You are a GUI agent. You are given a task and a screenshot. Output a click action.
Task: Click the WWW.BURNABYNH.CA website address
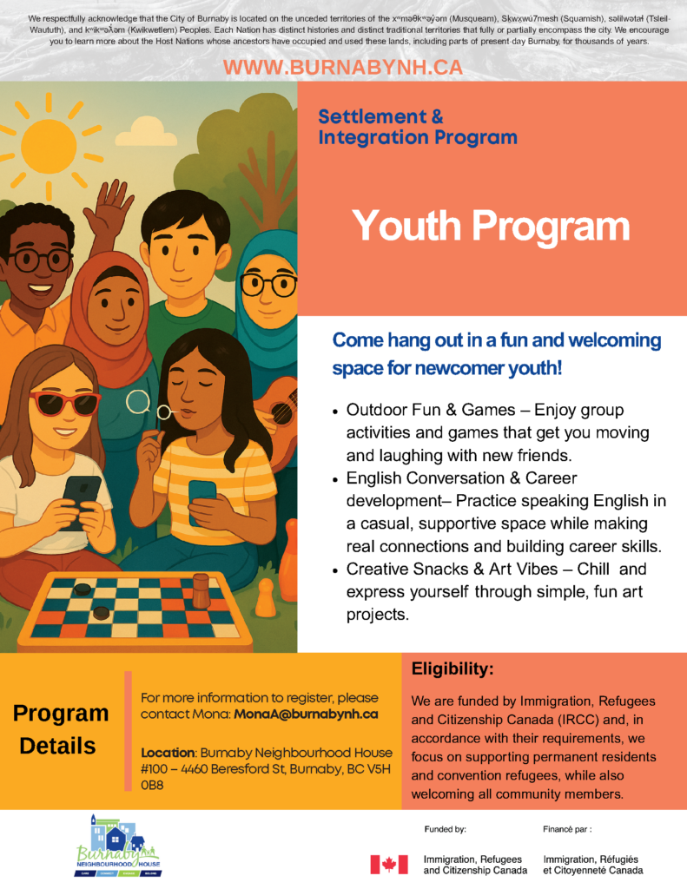[x=343, y=68]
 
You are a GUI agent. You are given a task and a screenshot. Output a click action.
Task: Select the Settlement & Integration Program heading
[x=418, y=127]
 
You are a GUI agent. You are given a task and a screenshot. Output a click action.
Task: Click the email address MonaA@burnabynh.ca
[x=305, y=714]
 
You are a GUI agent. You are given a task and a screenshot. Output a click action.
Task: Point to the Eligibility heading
[x=452, y=669]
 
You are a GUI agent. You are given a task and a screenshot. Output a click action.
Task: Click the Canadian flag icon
[x=388, y=864]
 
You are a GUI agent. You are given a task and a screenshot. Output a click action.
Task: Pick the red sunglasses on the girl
[x=65, y=403]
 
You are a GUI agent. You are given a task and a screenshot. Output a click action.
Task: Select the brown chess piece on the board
[x=201, y=590]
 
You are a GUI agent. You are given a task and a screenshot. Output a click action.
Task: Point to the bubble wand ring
[x=138, y=401]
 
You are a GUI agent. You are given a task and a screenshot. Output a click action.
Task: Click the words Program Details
[x=60, y=729]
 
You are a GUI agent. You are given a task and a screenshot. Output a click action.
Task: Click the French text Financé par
[x=567, y=829]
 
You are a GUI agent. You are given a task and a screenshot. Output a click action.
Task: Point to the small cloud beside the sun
[x=146, y=134]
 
